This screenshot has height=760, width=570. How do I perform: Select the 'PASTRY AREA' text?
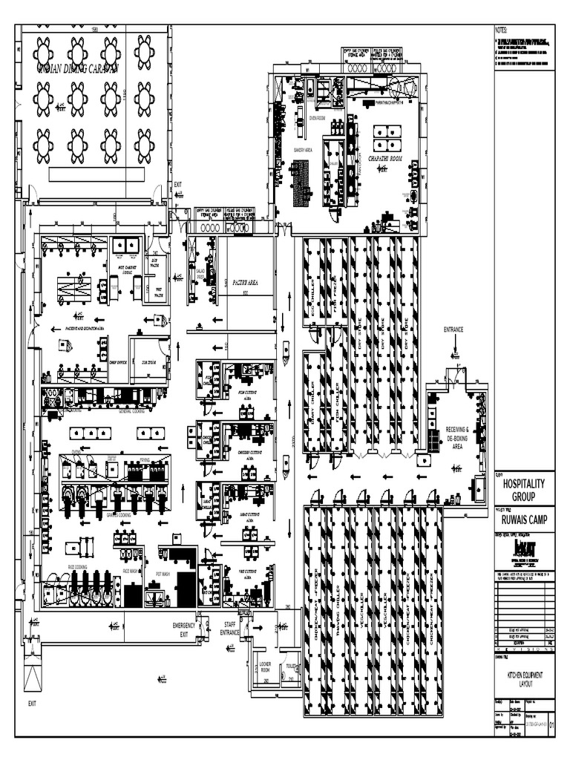click(245, 283)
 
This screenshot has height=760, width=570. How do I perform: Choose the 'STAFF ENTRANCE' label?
click(230, 629)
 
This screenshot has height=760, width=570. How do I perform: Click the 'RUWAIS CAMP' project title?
click(524, 520)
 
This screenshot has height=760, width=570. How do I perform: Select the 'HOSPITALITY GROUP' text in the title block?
click(524, 489)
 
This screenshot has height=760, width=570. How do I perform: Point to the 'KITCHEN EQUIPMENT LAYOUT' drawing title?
click(524, 678)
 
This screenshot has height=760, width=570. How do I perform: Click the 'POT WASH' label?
click(163, 574)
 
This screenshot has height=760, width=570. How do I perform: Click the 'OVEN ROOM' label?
click(317, 117)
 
